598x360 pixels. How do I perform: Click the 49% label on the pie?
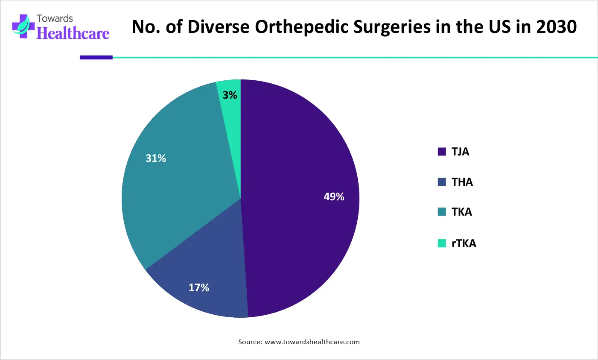coord(334,197)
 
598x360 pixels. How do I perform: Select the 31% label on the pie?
coord(156,158)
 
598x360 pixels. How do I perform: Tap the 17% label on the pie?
coord(199,288)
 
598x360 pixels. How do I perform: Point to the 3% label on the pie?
coord(230,95)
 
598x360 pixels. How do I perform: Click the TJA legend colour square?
coord(442,152)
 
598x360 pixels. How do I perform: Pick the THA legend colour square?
coord(442,182)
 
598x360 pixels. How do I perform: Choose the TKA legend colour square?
coord(442,212)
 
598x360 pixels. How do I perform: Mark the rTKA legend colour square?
coord(442,243)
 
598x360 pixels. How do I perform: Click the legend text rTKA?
coord(464,243)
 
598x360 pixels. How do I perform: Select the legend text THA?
coord(462,182)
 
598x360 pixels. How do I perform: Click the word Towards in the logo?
coord(55,18)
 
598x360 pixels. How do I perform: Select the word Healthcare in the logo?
coord(73,33)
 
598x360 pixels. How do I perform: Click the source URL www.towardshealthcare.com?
coord(312,342)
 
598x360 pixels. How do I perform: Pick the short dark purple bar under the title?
coord(96,57)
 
